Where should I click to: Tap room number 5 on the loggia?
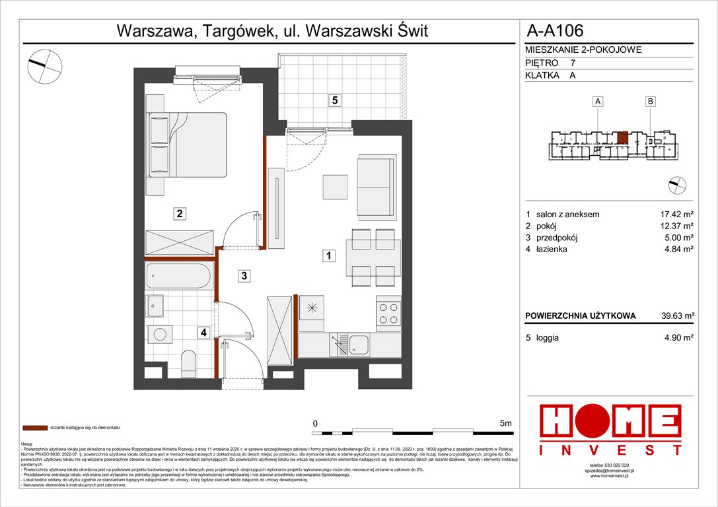[336, 100]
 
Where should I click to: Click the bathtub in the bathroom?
[178, 276]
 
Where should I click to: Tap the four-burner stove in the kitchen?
[388, 314]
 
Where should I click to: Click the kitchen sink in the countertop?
[359, 344]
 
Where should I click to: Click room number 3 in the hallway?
[244, 277]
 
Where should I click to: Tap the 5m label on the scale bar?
[506, 422]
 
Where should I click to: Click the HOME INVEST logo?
[611, 429]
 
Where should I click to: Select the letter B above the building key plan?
[651, 101]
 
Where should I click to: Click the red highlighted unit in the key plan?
[622, 137]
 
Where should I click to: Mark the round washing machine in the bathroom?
[159, 333]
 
